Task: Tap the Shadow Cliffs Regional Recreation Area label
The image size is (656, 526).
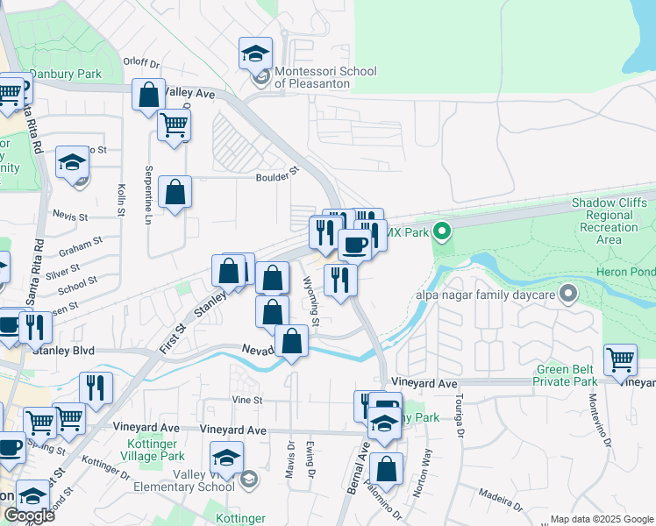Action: tap(612, 221)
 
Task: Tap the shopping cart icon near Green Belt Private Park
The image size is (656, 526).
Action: tap(620, 359)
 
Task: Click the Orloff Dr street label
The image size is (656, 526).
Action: tap(141, 63)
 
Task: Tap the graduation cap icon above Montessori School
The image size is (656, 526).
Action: tap(255, 53)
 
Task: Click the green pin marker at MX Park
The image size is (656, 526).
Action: tap(442, 232)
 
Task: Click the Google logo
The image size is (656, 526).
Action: tap(29, 516)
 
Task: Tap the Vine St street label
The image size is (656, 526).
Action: tap(247, 400)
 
